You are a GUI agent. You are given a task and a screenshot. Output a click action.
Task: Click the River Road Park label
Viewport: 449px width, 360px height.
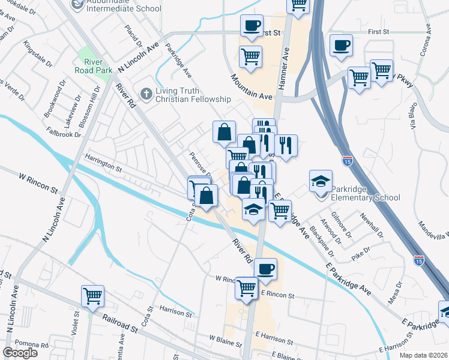94,66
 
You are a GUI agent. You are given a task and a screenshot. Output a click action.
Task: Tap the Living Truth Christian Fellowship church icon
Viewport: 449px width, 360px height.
145,94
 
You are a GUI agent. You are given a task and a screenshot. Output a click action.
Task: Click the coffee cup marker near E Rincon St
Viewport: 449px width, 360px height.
265,268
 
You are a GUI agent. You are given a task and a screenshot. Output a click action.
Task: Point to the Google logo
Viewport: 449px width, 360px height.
20,353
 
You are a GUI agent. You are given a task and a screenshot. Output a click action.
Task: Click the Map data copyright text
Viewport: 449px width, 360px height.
421,354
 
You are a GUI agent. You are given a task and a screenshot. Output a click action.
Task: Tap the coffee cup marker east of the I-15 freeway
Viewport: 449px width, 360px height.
341,46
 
